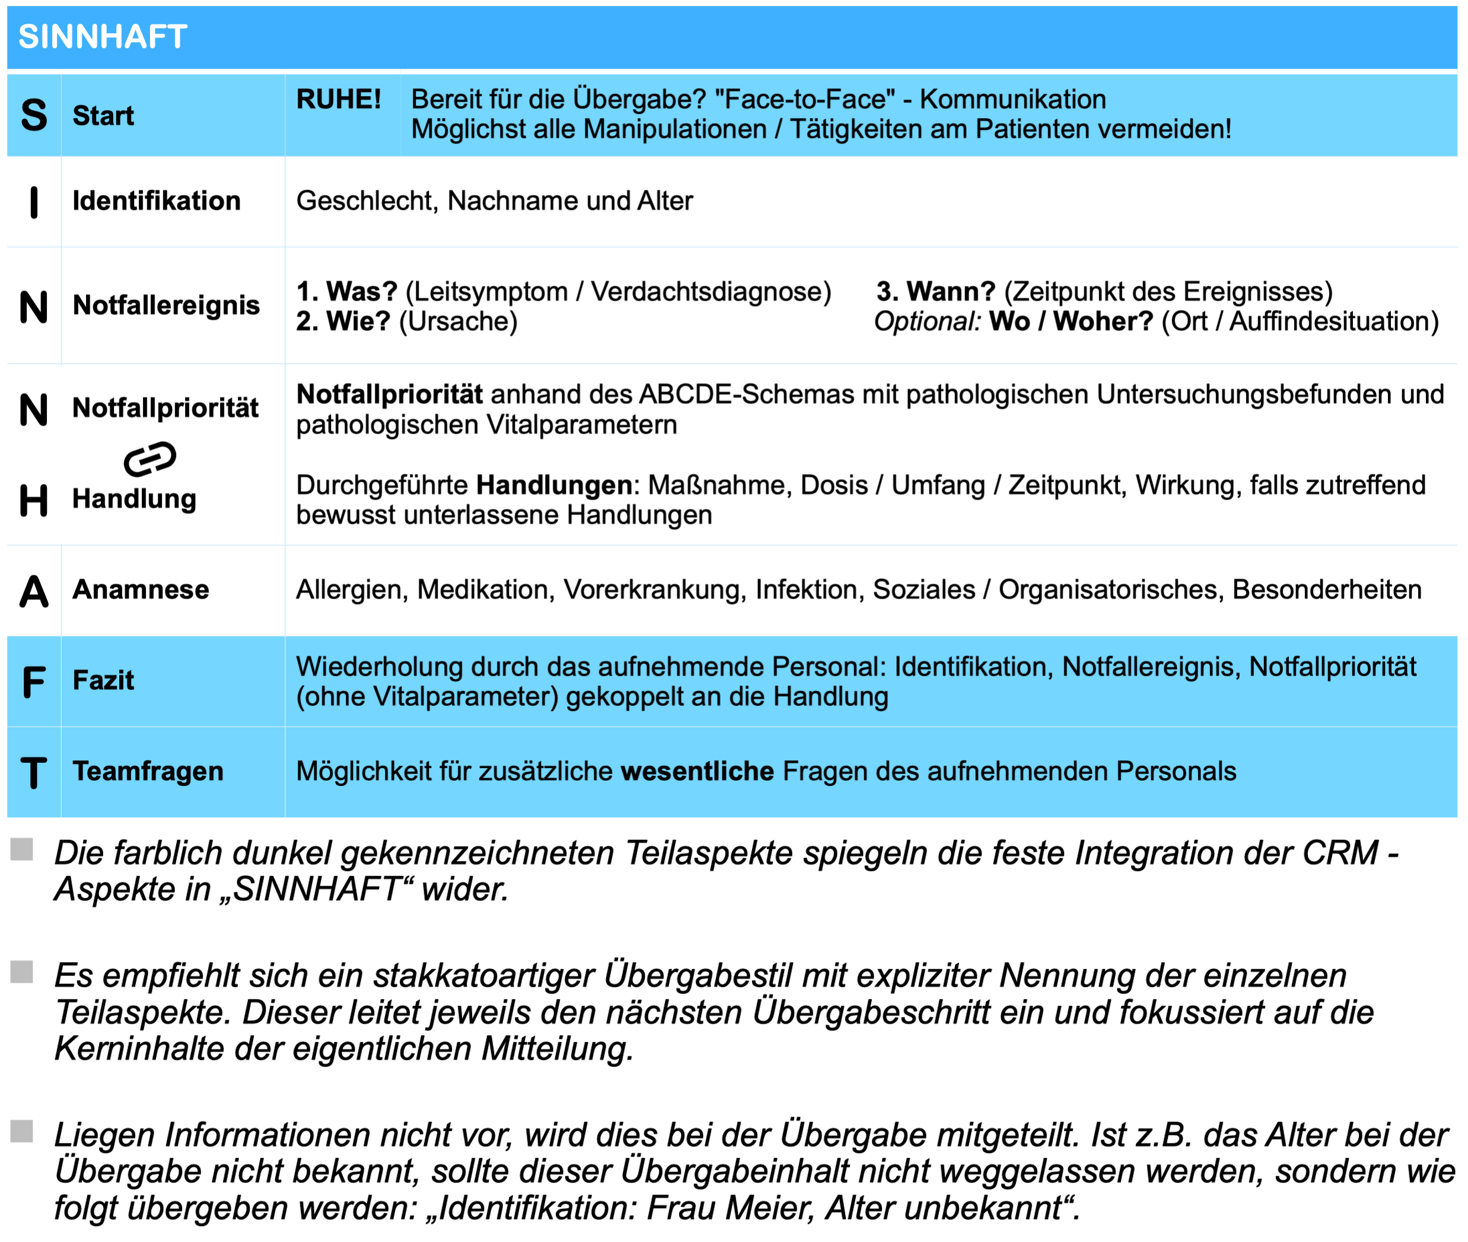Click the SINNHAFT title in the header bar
click(103, 37)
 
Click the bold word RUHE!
click(339, 99)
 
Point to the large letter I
click(34, 203)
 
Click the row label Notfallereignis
click(166, 305)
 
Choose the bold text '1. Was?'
click(346, 291)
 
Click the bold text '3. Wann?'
click(935, 291)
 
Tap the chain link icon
click(150, 459)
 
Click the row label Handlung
click(135, 498)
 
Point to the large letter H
click(34, 501)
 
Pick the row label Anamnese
click(141, 590)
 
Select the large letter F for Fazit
click(34, 681)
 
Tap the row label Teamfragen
click(148, 772)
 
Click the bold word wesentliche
click(697, 772)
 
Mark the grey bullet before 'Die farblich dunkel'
click(22, 849)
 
